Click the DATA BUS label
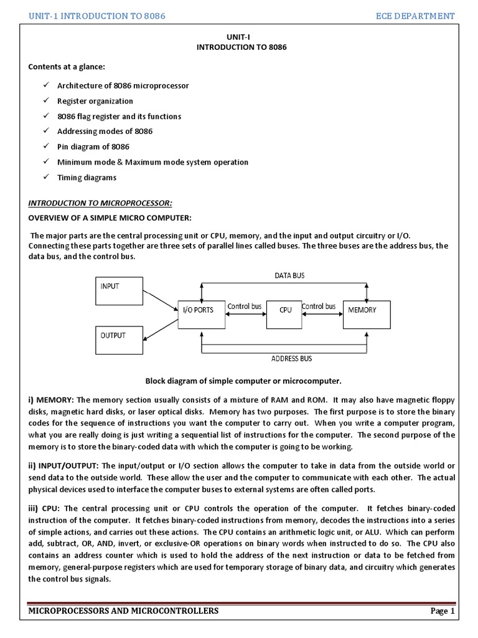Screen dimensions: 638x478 click(x=290, y=275)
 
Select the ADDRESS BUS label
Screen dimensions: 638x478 click(x=292, y=358)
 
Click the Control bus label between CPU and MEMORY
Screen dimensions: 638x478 click(x=319, y=306)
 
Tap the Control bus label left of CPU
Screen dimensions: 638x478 click(x=244, y=306)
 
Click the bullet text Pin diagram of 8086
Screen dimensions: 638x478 click(x=93, y=147)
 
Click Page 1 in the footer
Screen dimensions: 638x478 click(x=443, y=611)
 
